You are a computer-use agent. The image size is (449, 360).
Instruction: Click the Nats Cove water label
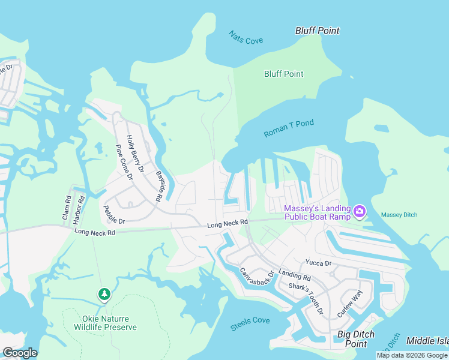tap(246, 37)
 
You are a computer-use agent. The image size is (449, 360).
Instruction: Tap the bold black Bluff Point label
tap(317, 31)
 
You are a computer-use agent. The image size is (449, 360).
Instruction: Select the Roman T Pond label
tap(289, 128)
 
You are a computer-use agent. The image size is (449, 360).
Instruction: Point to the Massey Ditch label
tap(399, 215)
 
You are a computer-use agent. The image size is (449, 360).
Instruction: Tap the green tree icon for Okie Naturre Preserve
tap(104, 293)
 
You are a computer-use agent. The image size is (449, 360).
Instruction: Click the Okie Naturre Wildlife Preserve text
tap(105, 323)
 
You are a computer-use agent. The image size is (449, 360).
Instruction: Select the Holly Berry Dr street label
tap(135, 154)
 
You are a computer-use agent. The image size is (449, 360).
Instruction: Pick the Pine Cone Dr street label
tap(124, 163)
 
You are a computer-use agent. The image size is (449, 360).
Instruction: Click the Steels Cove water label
tap(250, 324)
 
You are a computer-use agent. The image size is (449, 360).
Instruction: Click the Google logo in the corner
tap(19, 353)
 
